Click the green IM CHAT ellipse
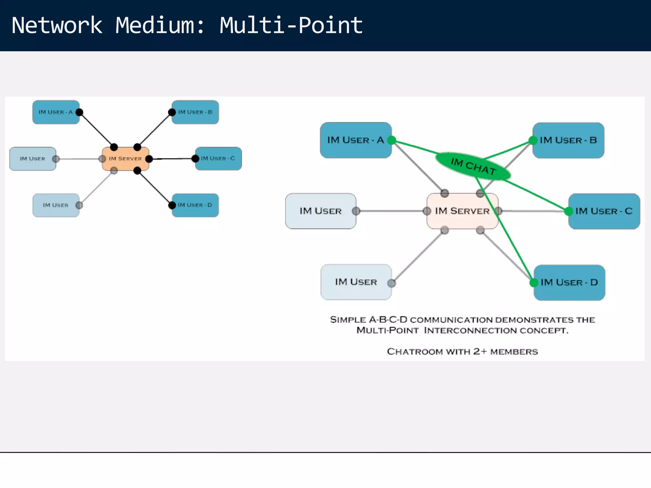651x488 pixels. (473, 166)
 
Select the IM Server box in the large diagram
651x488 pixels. (462, 211)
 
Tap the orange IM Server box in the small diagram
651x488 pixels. (125, 159)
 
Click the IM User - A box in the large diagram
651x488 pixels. (355, 140)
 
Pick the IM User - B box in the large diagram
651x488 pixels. (568, 140)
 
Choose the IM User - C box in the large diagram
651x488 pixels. (604, 211)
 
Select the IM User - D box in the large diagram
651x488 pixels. (569, 282)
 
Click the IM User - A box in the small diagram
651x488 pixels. (56, 112)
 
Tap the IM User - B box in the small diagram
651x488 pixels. (195, 112)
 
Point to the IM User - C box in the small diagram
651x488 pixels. (218, 159)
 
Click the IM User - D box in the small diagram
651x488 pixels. (195, 205)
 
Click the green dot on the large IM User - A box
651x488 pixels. (392, 140)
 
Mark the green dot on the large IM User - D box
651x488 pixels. (534, 282)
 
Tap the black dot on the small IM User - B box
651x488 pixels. (172, 112)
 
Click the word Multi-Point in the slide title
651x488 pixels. (291, 25)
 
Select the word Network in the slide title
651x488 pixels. (57, 25)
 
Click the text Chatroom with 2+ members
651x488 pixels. (462, 352)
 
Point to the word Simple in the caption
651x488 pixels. (348, 320)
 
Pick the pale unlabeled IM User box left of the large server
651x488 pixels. (320, 211)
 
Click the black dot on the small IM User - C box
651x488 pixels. (195, 159)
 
